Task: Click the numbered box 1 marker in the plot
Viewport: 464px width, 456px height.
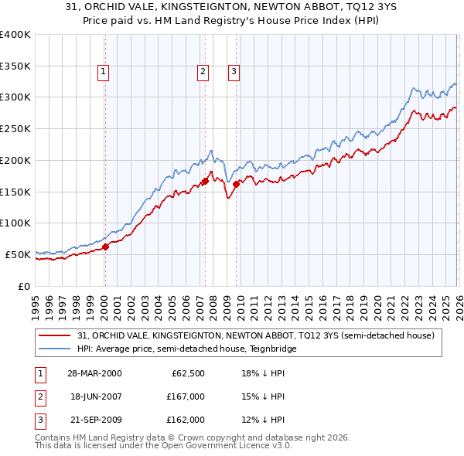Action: pyautogui.click(x=104, y=73)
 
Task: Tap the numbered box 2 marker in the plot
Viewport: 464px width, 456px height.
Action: pyautogui.click(x=203, y=73)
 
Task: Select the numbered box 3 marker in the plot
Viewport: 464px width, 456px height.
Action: pyautogui.click(x=234, y=73)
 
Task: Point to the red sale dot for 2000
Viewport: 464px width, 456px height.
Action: pyautogui.click(x=106, y=247)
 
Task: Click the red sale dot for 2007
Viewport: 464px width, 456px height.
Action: pyautogui.click(x=205, y=181)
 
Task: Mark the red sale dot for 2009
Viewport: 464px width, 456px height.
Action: pyautogui.click(x=236, y=184)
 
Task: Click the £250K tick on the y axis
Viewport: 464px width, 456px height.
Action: pyautogui.click(x=16, y=129)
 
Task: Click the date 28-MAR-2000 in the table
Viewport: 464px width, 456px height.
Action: pyautogui.click(x=95, y=373)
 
